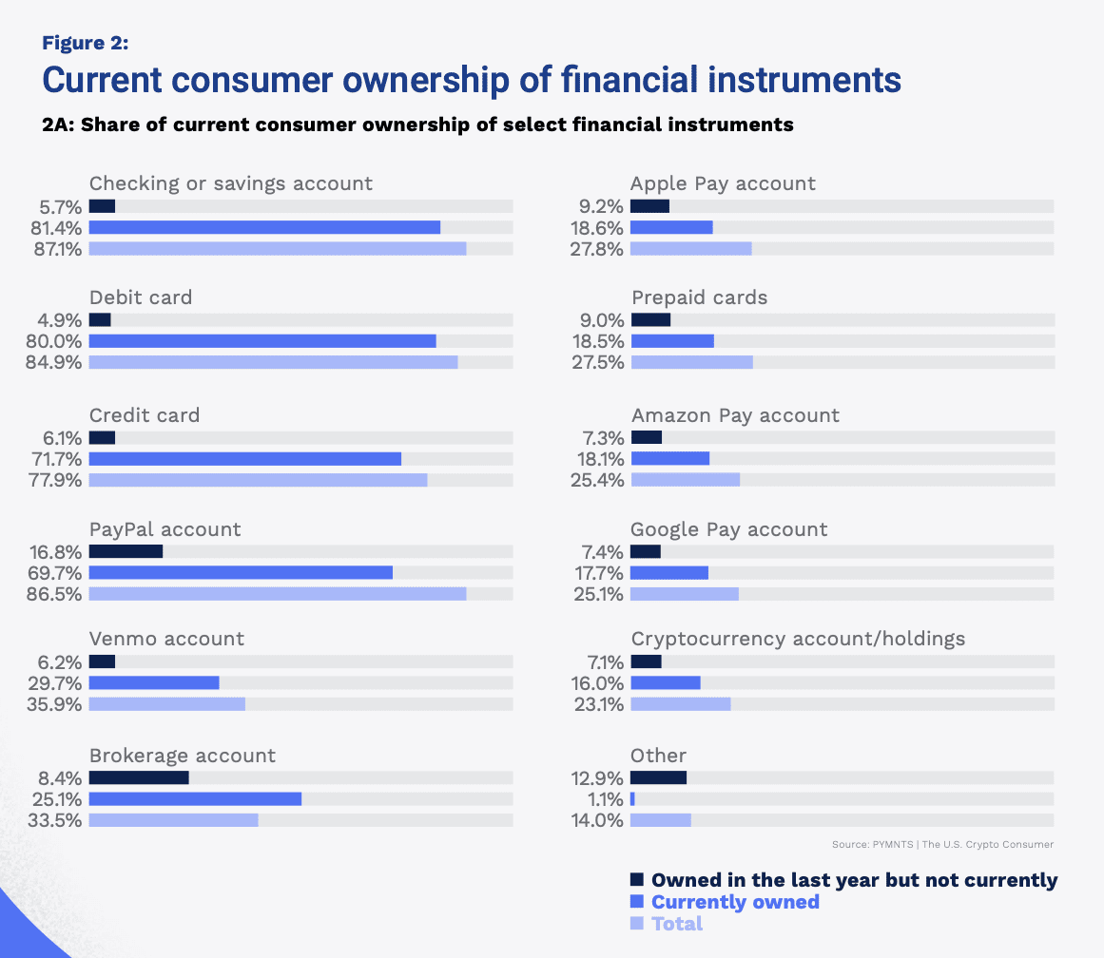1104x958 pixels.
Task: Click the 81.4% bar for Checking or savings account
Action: click(264, 227)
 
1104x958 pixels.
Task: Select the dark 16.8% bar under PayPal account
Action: click(126, 551)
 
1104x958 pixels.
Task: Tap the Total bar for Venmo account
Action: click(166, 704)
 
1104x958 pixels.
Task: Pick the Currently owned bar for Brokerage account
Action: click(195, 799)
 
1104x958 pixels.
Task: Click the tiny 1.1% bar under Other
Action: click(632, 799)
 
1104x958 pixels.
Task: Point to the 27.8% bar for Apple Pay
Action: click(690, 249)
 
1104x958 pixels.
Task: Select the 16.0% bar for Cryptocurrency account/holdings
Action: click(665, 682)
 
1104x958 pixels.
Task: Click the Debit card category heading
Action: click(141, 297)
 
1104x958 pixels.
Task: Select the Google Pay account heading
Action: click(728, 529)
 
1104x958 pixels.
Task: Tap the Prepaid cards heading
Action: click(699, 297)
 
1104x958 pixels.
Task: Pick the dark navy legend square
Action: click(637, 880)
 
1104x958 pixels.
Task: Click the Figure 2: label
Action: click(86, 43)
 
